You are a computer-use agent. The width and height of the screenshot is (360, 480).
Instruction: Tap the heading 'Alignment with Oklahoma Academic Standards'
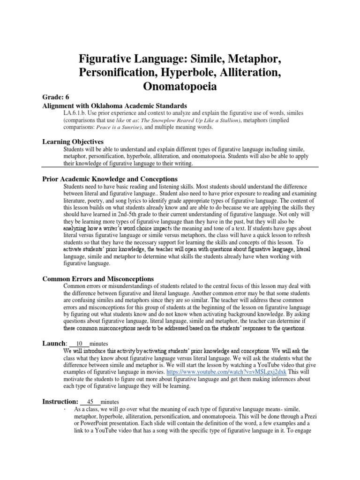coord(115,105)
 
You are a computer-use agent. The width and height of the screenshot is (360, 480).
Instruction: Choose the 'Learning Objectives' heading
coord(73,141)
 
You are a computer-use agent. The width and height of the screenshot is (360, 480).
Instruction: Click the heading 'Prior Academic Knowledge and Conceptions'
coord(110,179)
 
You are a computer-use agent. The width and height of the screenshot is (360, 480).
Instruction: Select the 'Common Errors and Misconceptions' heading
coord(98,279)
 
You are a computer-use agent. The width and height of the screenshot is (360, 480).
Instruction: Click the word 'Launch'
coord(53,343)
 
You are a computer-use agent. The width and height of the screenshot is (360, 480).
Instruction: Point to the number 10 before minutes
coord(79,344)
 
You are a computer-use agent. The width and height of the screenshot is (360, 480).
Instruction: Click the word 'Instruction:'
coord(60,401)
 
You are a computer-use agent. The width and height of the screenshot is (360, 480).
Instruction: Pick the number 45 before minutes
coord(90,402)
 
